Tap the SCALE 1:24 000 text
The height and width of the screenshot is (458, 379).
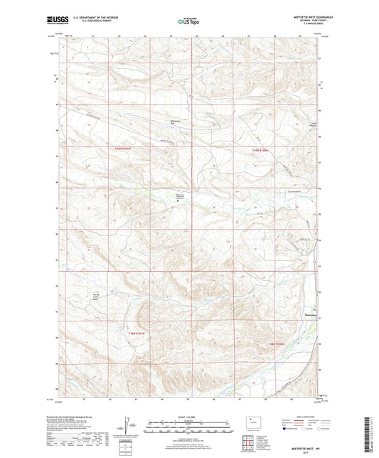click(x=188, y=416)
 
